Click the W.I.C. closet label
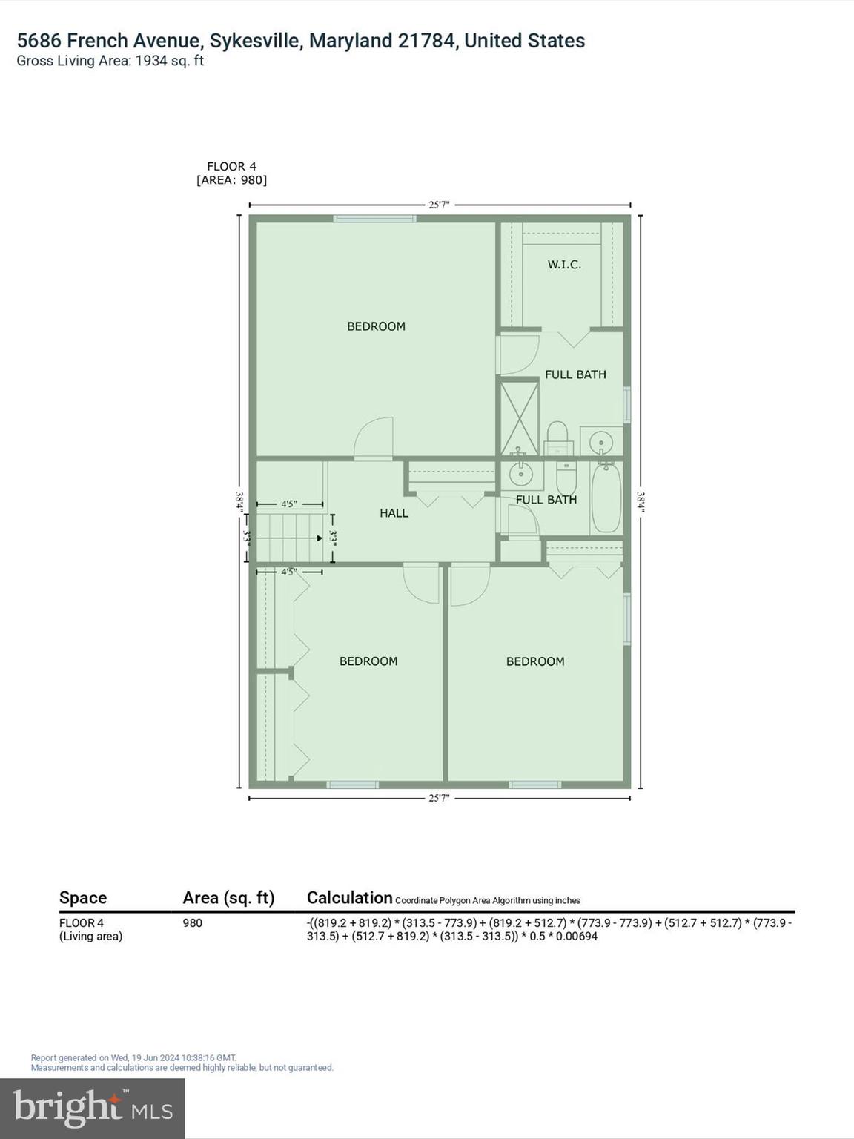click(564, 265)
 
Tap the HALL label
click(394, 513)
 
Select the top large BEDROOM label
click(376, 326)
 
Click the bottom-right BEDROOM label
click(535, 661)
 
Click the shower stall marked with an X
click(519, 417)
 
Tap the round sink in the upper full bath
click(600, 442)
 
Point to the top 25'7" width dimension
click(439, 205)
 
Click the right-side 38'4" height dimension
click(640, 502)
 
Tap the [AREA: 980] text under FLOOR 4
click(231, 180)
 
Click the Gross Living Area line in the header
click(110, 62)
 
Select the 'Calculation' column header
click(349, 898)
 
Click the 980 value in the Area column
click(192, 923)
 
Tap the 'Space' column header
click(83, 898)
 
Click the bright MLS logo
click(93, 1108)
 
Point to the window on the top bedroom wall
click(374, 219)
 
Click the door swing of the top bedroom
click(375, 439)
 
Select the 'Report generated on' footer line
click(133, 1058)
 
